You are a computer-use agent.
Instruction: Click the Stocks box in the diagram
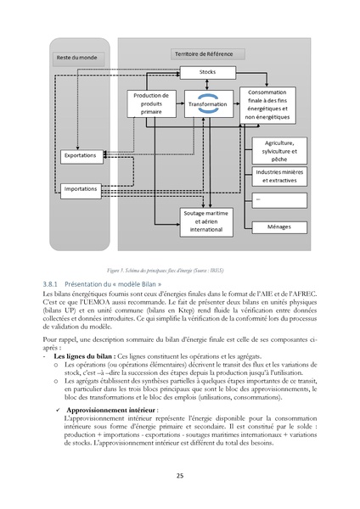[206, 73]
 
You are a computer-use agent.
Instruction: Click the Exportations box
[80, 157]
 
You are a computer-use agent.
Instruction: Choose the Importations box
[80, 187]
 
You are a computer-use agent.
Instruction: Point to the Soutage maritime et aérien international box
[206, 223]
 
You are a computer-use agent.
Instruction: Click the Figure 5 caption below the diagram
[179, 265]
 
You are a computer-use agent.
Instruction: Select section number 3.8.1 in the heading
[53, 282]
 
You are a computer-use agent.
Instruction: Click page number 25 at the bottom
[179, 476]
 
